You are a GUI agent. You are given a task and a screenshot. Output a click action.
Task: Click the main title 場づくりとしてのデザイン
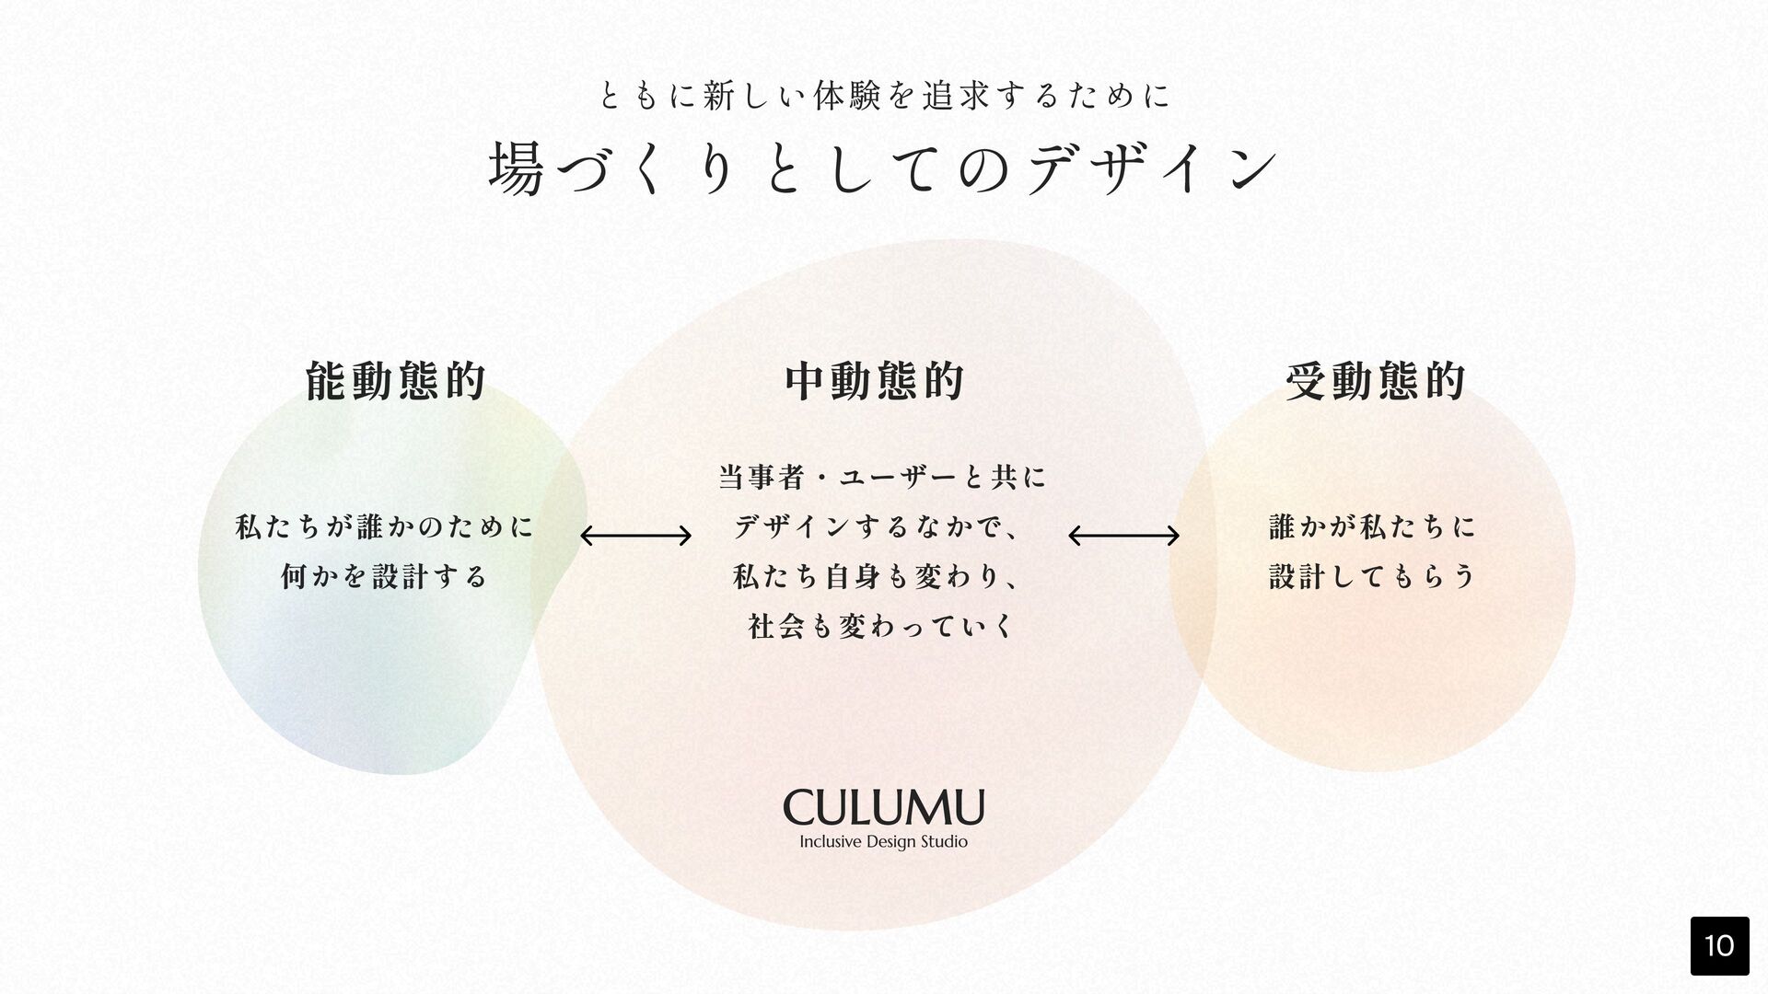pos(883,168)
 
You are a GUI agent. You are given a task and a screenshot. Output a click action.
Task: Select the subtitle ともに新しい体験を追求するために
pos(883,95)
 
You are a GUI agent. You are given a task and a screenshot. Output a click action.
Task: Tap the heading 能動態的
pos(395,381)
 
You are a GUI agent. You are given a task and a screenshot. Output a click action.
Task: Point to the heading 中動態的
pos(875,381)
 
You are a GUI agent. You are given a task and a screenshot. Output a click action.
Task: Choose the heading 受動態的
pos(1375,381)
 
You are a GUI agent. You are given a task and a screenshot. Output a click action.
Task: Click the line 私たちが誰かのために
pos(384,527)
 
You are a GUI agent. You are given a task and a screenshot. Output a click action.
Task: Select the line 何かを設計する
pos(384,577)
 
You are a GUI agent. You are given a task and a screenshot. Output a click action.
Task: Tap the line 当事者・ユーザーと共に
pos(882,478)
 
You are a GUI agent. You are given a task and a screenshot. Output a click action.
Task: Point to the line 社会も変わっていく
pos(880,627)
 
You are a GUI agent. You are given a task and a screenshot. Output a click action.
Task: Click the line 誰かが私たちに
pos(1372,527)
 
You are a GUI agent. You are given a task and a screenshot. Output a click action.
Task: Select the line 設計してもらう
pos(1372,577)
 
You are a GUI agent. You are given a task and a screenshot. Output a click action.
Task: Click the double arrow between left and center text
pos(635,535)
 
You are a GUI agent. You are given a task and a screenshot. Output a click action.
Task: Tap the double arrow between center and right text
pos(1123,535)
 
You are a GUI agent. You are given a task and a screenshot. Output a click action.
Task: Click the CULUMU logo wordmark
pos(883,808)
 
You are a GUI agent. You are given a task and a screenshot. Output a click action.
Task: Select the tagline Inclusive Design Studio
pos(883,842)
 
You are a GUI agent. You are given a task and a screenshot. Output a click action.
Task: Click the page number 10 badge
pos(1719,945)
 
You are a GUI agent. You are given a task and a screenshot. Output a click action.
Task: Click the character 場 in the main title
pos(517,168)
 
